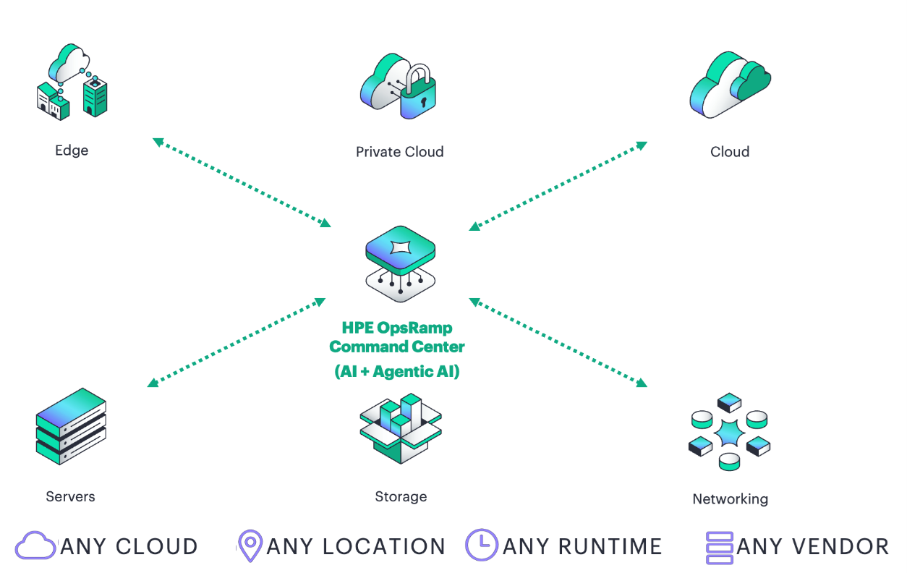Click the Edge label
(72, 150)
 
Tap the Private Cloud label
(399, 152)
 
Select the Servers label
(70, 496)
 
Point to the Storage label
(401, 496)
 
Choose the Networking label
(730, 499)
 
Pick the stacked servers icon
(71, 427)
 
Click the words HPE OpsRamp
(397, 328)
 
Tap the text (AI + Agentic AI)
(397, 372)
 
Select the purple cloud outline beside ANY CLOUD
(35, 546)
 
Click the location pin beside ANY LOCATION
(250, 546)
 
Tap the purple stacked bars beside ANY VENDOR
(719, 548)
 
